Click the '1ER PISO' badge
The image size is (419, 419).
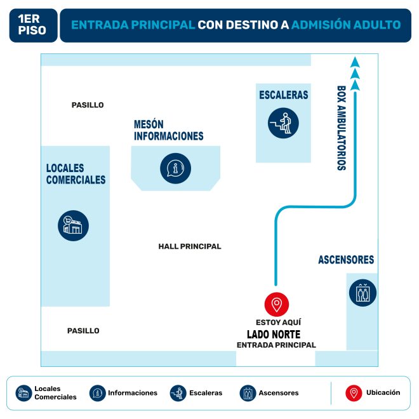tap(33, 25)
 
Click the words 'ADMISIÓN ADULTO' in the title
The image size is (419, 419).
tap(346, 25)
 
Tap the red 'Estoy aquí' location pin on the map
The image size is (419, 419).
tap(276, 305)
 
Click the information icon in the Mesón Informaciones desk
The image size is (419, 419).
tap(175, 168)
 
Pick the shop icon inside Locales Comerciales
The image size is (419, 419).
tap(74, 225)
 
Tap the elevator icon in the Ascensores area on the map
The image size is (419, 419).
tap(362, 293)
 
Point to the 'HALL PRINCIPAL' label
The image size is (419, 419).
tap(190, 246)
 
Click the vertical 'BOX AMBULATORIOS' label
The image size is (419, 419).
tap(341, 128)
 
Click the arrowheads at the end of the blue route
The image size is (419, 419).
tap(356, 74)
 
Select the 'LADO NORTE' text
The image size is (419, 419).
tap(274, 334)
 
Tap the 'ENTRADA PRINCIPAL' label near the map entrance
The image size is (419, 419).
tap(276, 345)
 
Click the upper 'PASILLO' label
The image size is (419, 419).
tap(88, 105)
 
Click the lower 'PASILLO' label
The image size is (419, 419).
tap(83, 331)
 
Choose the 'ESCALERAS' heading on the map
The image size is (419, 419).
tap(284, 95)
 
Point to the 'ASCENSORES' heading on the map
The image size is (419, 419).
tap(346, 260)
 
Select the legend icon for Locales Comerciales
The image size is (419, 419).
tap(24, 393)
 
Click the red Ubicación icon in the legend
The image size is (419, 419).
tap(354, 393)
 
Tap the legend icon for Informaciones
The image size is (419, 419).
tap(98, 393)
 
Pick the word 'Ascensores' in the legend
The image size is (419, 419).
tap(279, 393)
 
